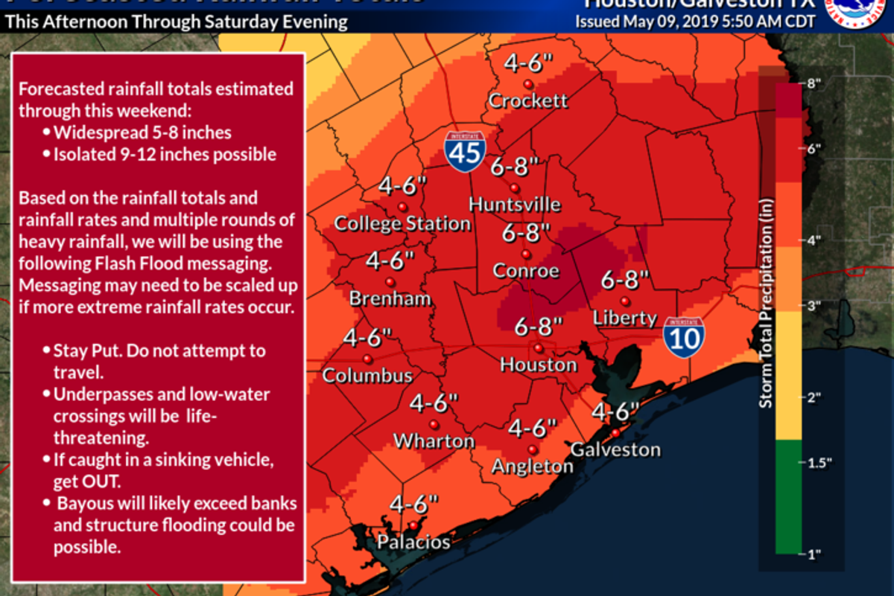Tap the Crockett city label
(528, 100)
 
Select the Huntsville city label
(515, 204)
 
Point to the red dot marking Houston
(538, 347)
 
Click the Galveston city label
(615, 449)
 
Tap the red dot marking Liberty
(625, 301)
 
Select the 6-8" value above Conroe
(525, 232)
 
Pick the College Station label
(402, 223)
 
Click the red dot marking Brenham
(390, 282)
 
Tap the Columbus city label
(367, 375)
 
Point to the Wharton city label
(434, 440)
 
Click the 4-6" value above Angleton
(533, 428)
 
